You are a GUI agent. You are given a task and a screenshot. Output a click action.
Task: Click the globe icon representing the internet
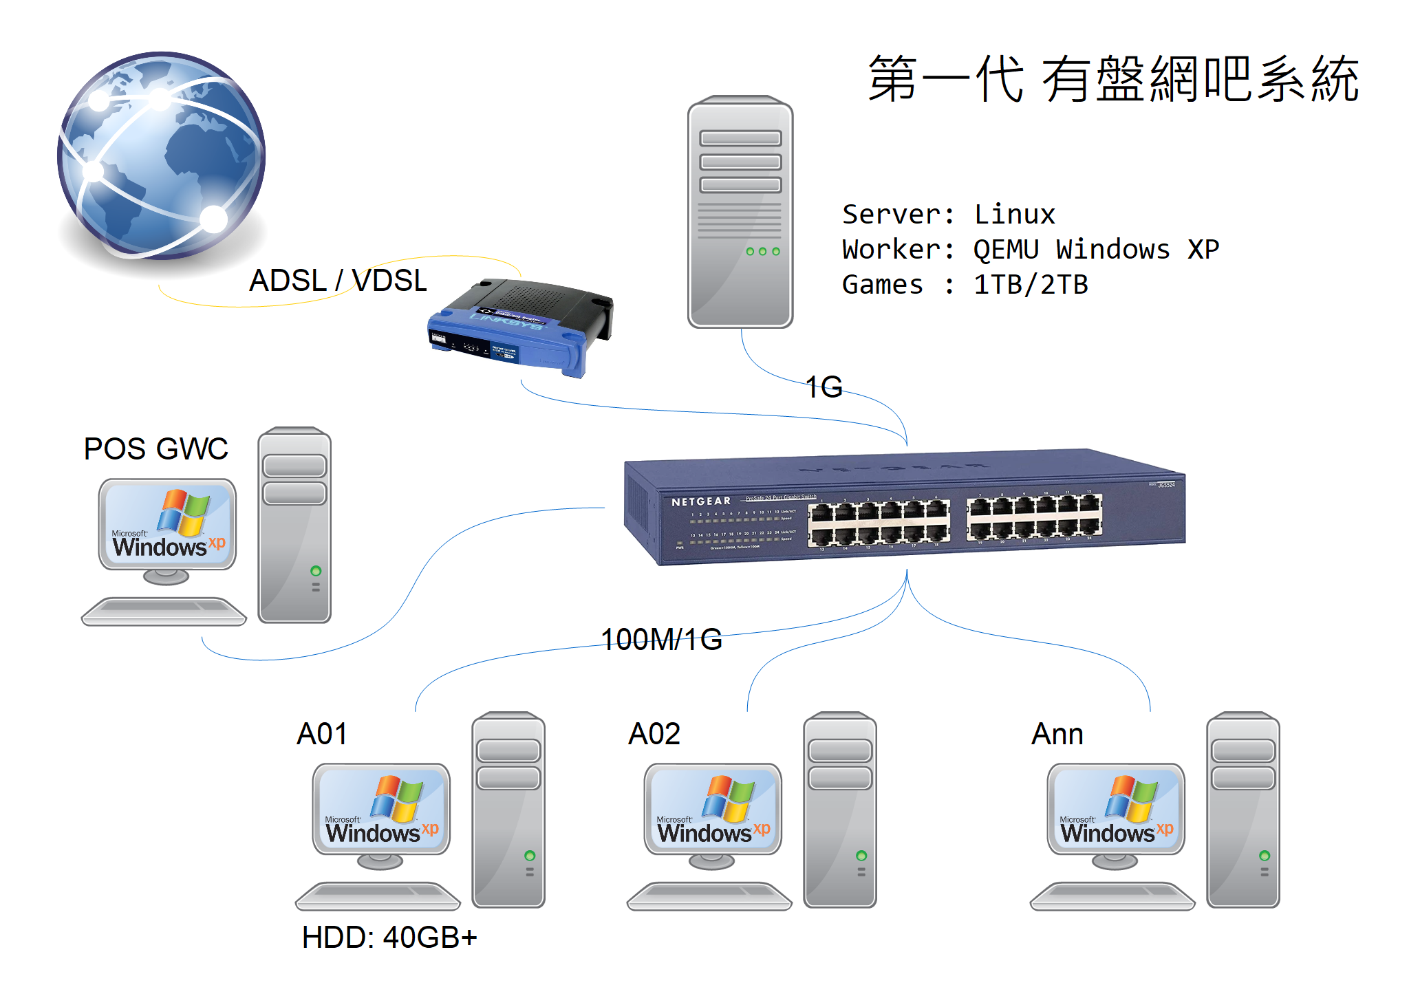(162, 155)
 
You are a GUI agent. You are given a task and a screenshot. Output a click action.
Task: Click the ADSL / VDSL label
(338, 281)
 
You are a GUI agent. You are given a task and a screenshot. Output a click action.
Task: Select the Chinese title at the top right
(1112, 80)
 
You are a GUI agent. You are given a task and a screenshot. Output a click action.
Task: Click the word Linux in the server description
(1014, 215)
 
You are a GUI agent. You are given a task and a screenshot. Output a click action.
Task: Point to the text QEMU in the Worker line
(1005, 250)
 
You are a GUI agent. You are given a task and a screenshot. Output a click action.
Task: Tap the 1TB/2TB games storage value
(1030, 285)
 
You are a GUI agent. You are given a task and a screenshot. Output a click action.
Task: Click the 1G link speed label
(824, 387)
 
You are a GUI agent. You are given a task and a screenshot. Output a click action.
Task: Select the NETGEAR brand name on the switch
(700, 501)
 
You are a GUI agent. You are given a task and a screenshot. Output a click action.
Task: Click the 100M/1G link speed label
(661, 640)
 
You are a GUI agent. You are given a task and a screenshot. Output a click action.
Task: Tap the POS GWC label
(155, 449)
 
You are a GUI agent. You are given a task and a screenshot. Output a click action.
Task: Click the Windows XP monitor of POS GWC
(168, 524)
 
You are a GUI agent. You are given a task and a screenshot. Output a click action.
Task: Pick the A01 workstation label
(321, 734)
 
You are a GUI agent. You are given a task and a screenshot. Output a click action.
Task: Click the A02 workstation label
(654, 734)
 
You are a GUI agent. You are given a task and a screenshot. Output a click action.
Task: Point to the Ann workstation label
(1057, 734)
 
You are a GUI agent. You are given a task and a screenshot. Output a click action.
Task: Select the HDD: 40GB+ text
(389, 938)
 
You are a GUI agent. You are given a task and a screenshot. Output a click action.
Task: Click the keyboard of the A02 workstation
(709, 896)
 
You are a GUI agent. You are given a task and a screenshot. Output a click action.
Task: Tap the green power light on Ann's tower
(1264, 856)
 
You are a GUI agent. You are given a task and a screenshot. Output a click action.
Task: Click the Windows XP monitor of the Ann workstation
(1115, 809)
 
